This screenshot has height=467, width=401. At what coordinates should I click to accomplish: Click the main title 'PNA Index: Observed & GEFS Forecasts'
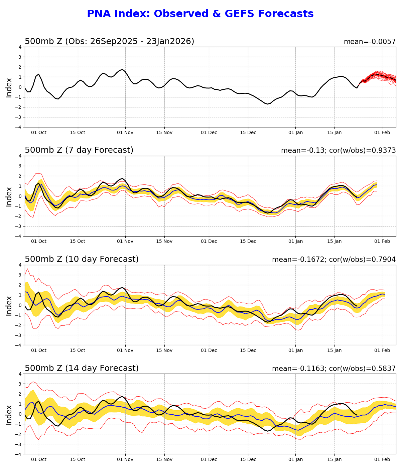200,14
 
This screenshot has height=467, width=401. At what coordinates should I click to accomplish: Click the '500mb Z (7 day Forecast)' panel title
79,150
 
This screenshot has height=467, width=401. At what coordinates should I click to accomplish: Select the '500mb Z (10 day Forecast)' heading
82,260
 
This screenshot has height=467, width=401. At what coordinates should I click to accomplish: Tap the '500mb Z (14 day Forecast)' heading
82,369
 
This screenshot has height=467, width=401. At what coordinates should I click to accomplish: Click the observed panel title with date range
109,42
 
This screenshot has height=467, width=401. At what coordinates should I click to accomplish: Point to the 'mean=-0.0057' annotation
370,42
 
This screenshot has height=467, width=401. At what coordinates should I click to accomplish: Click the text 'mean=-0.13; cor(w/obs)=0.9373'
338,151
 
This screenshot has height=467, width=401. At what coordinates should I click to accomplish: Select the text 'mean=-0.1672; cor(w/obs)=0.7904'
333,260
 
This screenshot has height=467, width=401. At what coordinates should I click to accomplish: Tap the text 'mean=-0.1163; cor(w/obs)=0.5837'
333,369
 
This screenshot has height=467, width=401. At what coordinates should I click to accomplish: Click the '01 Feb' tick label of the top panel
382,132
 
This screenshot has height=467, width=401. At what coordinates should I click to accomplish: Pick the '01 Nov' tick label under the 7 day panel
125,242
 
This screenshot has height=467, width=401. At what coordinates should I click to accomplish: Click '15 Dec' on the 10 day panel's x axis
248,351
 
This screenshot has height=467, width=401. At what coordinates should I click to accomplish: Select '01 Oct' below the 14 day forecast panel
39,460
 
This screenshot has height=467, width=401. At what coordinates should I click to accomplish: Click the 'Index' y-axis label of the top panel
9,87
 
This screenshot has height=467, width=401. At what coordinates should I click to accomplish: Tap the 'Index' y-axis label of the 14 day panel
9,415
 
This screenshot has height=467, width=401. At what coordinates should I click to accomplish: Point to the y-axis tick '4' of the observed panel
20,47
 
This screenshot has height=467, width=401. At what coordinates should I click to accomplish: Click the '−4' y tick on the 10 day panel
19,345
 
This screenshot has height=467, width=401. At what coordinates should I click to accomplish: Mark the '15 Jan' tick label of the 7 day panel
334,242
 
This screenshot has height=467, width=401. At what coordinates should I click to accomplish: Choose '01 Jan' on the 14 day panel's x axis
295,460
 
